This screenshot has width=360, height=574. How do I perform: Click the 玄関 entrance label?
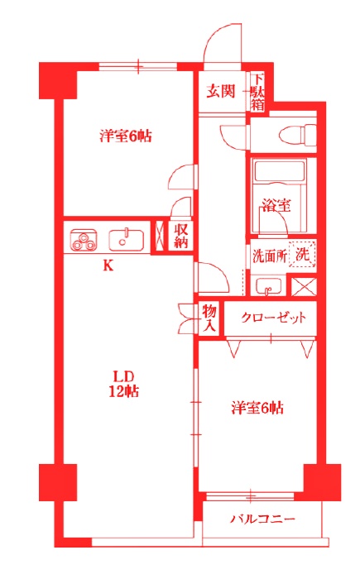221,91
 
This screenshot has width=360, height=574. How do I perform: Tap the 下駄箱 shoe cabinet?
258,92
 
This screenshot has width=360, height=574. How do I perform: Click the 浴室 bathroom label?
276,205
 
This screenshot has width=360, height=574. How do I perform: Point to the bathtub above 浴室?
280,175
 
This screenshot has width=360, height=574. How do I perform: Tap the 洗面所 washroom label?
269,256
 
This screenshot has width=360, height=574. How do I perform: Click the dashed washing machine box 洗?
304,255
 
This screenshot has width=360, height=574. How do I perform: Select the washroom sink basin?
268,287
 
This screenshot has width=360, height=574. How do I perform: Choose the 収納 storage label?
180,236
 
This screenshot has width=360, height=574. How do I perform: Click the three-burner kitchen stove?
84,242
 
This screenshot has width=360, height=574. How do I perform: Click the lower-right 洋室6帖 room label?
257,408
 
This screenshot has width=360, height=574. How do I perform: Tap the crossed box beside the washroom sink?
304,288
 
